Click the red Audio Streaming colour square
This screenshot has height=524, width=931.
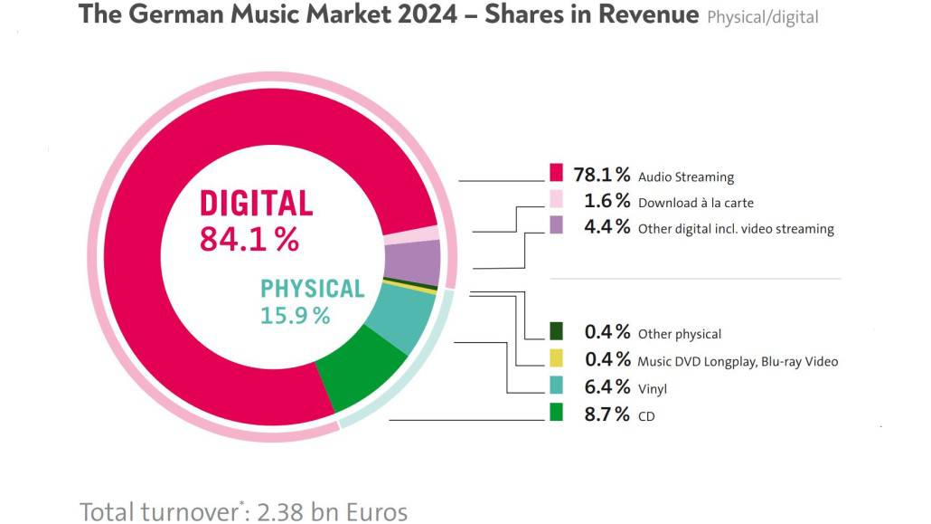tap(556, 172)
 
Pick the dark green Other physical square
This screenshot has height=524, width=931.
tap(557, 330)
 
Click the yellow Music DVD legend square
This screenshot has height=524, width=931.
tap(557, 357)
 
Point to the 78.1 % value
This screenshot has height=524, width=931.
tap(602, 175)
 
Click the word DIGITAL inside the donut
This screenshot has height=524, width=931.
tap(256, 204)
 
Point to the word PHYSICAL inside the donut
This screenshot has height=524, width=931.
tap(312, 289)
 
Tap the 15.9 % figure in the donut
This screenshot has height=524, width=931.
tap(295, 316)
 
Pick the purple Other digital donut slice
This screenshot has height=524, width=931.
tap(412, 263)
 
